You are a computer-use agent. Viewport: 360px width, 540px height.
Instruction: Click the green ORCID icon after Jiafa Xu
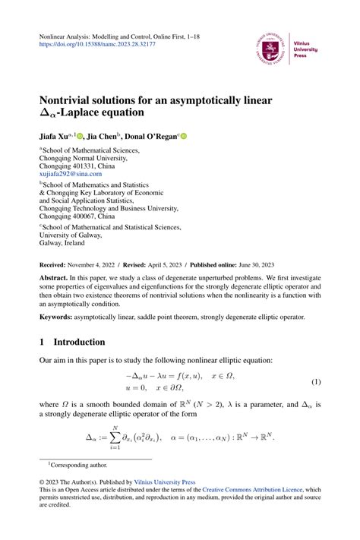[80, 136]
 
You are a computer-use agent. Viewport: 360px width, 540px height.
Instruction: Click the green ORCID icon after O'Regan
[204, 136]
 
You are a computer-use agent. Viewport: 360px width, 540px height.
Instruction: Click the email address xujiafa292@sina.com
[70, 174]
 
